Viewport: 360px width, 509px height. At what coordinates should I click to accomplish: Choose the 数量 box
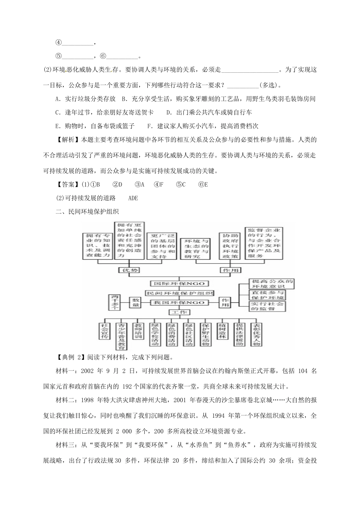point(136,302)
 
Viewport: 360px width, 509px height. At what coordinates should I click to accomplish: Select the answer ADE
point(133,198)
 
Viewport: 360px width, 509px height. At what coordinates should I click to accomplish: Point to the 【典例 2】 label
point(69,356)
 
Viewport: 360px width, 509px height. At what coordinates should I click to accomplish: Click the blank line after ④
point(77,43)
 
